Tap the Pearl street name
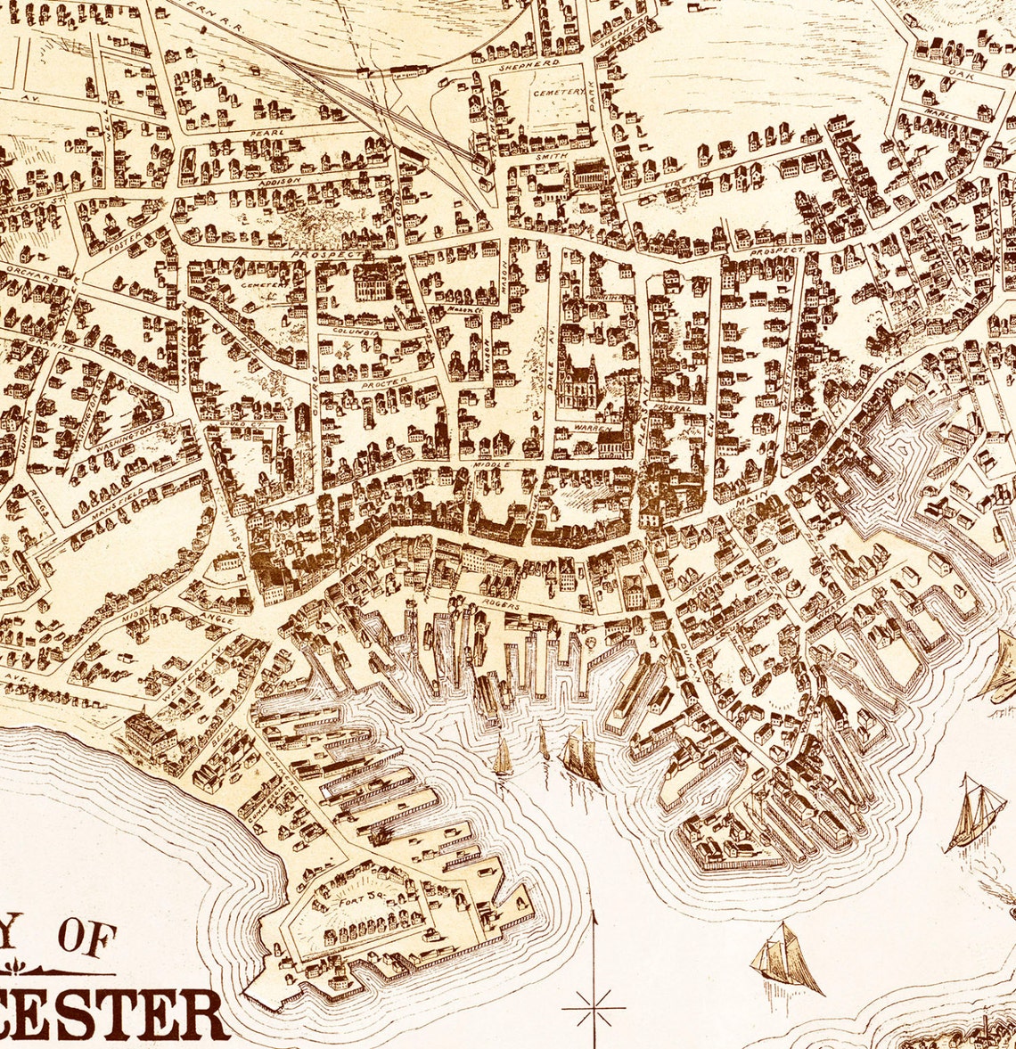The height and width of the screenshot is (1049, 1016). tap(273, 133)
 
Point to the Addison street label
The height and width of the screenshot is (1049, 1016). tap(274, 180)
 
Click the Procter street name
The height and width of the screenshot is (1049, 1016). tap(385, 381)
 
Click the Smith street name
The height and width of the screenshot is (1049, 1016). tap(545, 156)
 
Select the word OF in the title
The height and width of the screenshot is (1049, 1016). tap(87, 938)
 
